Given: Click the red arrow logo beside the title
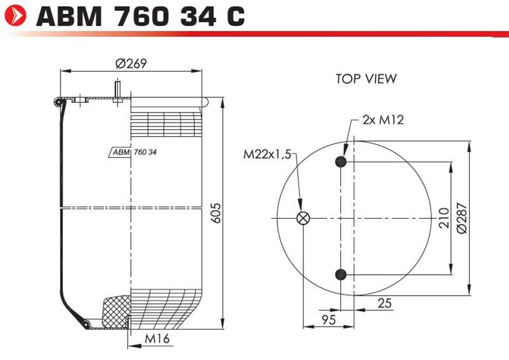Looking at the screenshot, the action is click(x=15, y=15).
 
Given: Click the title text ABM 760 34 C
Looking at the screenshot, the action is click(x=141, y=16).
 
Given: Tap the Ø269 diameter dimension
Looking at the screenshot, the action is click(x=131, y=64).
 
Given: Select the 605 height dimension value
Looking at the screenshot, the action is click(x=216, y=213).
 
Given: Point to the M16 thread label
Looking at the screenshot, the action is click(x=157, y=338).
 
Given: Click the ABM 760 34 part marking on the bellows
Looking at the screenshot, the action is click(x=133, y=152).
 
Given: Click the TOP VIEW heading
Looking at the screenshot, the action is click(x=366, y=79).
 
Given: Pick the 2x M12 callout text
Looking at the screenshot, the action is click(x=384, y=120).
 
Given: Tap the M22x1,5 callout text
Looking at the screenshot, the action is click(x=267, y=155).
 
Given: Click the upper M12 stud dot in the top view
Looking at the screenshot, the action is click(x=341, y=162).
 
